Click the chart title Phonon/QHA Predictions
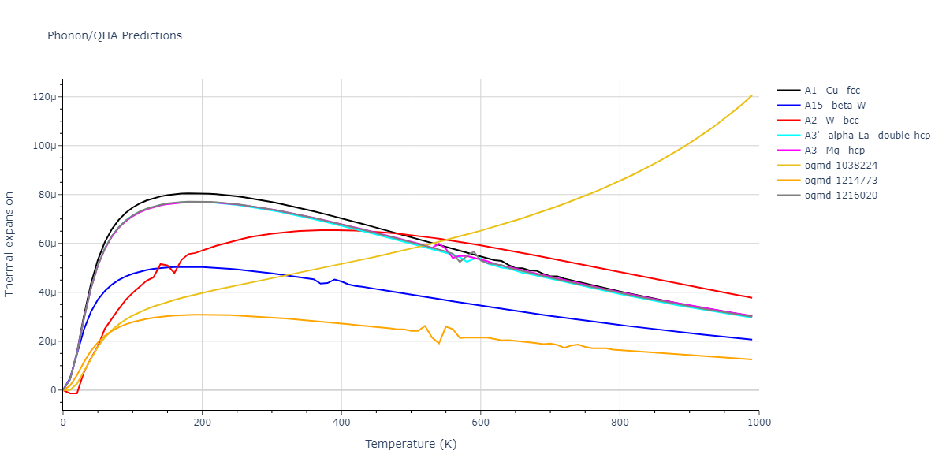click(x=114, y=35)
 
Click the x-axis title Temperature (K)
click(x=411, y=445)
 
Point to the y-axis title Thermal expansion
click(x=9, y=244)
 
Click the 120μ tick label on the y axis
click(x=44, y=97)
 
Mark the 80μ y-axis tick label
click(x=47, y=195)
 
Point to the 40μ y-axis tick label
click(x=47, y=292)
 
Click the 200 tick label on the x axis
click(x=202, y=423)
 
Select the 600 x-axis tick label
click(x=480, y=423)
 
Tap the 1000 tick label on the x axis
click(x=758, y=423)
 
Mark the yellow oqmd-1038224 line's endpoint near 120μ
click(x=751, y=96)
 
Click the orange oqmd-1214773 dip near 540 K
click(x=438, y=343)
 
